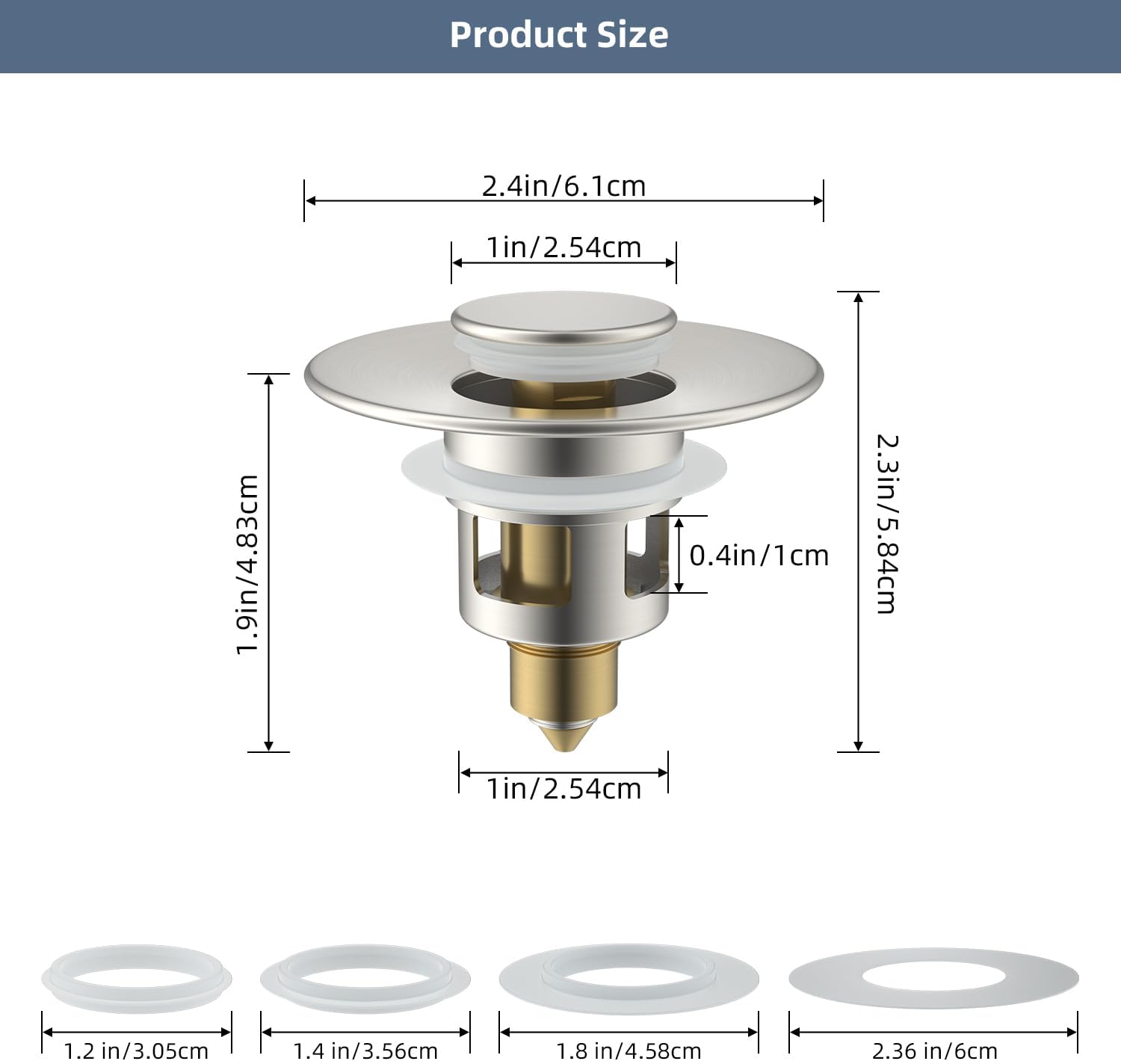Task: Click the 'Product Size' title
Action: (559, 35)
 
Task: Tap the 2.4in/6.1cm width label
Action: (563, 186)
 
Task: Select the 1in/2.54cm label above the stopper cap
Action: (563, 247)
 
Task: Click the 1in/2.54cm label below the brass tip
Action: (563, 789)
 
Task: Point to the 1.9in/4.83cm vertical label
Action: (247, 564)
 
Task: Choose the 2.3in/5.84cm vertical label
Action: (886, 523)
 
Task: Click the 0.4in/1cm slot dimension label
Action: (759, 556)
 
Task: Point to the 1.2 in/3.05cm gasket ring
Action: (137, 978)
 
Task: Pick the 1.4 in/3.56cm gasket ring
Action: (365, 978)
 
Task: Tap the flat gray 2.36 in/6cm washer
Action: (933, 978)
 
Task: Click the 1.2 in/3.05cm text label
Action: (137, 1050)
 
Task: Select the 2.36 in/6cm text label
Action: (933, 1050)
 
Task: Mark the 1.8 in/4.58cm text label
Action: (629, 1050)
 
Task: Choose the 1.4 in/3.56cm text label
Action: (365, 1050)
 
